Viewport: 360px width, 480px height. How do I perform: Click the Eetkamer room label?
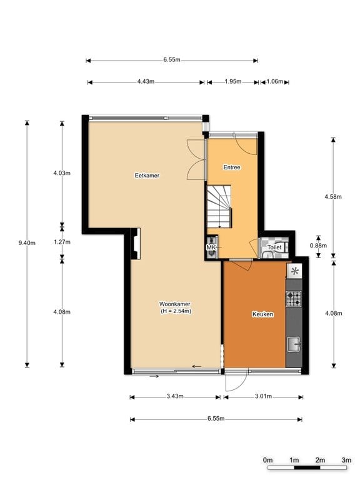pyautogui.click(x=147, y=176)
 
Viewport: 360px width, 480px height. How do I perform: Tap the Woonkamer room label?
pyautogui.click(x=174, y=304)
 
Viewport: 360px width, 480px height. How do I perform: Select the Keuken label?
pyautogui.click(x=262, y=314)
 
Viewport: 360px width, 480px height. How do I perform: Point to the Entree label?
pyautogui.click(x=232, y=167)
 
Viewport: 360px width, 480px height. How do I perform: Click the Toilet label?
pyautogui.click(x=274, y=247)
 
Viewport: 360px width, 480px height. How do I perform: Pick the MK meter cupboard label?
pyautogui.click(x=211, y=247)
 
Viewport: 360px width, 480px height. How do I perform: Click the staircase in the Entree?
pyautogui.click(x=219, y=207)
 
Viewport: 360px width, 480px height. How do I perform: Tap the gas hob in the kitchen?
pyautogui.click(x=294, y=299)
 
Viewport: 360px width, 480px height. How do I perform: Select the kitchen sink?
pyautogui.click(x=294, y=344)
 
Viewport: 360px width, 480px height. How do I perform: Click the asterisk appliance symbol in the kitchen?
pyautogui.click(x=294, y=271)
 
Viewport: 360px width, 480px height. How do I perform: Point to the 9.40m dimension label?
pyautogui.click(x=27, y=243)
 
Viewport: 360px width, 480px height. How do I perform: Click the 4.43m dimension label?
pyautogui.click(x=146, y=81)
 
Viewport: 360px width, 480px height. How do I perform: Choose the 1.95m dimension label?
pyautogui.click(x=233, y=81)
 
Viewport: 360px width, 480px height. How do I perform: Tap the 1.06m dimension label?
pyautogui.click(x=274, y=81)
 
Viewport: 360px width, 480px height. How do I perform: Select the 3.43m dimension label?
pyautogui.click(x=175, y=396)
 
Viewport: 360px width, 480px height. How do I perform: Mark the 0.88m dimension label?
pyautogui.click(x=318, y=246)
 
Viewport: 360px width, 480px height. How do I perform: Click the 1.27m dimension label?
pyautogui.click(x=62, y=242)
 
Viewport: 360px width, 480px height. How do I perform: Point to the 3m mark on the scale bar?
pyautogui.click(x=346, y=460)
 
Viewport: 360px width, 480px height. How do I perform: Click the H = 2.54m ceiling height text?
pyautogui.click(x=176, y=311)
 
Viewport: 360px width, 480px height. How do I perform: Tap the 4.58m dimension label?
pyautogui.click(x=333, y=196)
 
